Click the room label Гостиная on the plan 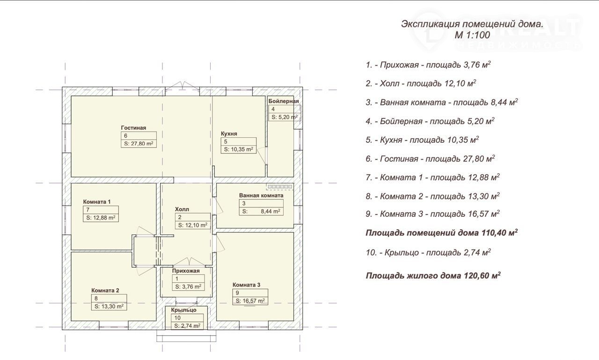(x=133, y=128)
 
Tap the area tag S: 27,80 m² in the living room (x=139, y=144)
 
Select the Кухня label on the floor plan (x=229, y=133)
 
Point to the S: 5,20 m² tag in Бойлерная (x=285, y=117)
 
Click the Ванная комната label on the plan (x=261, y=196)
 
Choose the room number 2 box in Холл (x=192, y=217)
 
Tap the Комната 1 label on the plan (x=97, y=202)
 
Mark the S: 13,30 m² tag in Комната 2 (x=109, y=307)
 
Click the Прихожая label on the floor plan (x=186, y=271)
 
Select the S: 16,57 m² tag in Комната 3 (x=250, y=301)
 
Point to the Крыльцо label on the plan (x=184, y=310)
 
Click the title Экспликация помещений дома (x=472, y=24)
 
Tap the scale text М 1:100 (x=473, y=35)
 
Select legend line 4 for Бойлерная (x=430, y=121)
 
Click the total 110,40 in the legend (x=494, y=233)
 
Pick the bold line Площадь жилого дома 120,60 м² (x=433, y=275)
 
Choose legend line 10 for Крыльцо (x=428, y=252)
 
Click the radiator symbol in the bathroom (x=280, y=186)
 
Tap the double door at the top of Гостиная (x=183, y=85)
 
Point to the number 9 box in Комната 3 (x=250, y=293)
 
